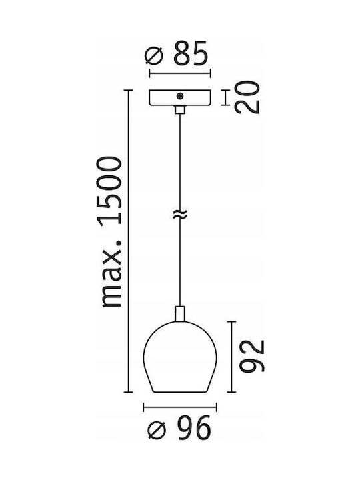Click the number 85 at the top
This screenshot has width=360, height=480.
191,53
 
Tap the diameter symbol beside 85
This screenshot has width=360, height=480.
154,57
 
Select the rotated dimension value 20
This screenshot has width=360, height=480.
247,97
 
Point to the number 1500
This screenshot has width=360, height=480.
109,191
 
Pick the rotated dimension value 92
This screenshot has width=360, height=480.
251,356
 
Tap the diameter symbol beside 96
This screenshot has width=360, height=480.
157,430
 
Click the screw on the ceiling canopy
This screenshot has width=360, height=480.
180,96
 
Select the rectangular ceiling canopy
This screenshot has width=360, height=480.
180,97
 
